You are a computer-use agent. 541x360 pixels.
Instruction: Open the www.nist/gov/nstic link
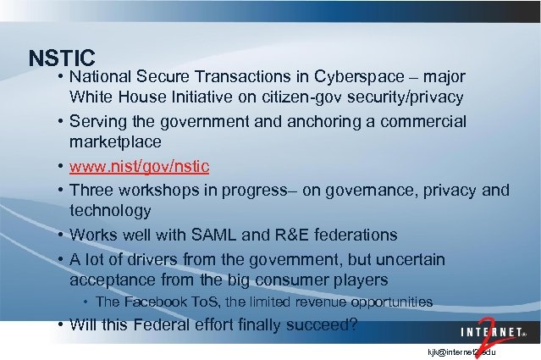pyautogui.click(x=140, y=163)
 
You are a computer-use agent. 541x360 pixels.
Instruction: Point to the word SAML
pyautogui.click(x=239, y=234)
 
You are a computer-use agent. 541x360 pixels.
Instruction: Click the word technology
pyautogui.click(x=111, y=210)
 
